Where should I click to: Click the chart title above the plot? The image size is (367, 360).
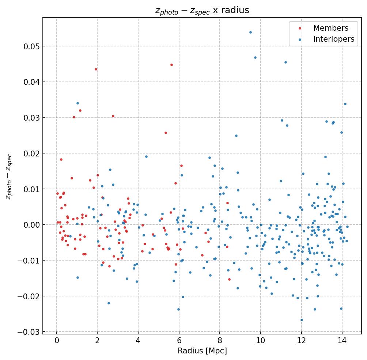point(202,10)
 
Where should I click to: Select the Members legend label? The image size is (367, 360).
point(330,28)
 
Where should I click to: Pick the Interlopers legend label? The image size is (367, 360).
point(333,39)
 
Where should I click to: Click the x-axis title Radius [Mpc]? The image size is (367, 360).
point(202,351)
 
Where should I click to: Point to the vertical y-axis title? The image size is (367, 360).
point(9,177)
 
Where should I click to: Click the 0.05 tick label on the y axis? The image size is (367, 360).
point(31,46)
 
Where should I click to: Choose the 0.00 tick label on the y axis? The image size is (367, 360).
point(31,225)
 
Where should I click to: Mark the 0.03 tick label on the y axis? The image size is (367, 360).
point(31,118)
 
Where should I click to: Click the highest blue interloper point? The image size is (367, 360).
point(250,32)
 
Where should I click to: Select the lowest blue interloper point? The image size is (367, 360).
point(302,320)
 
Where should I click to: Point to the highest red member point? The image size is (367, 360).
point(171,65)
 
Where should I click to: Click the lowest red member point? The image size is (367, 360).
point(229,279)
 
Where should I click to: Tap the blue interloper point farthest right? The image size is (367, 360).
point(347,227)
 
